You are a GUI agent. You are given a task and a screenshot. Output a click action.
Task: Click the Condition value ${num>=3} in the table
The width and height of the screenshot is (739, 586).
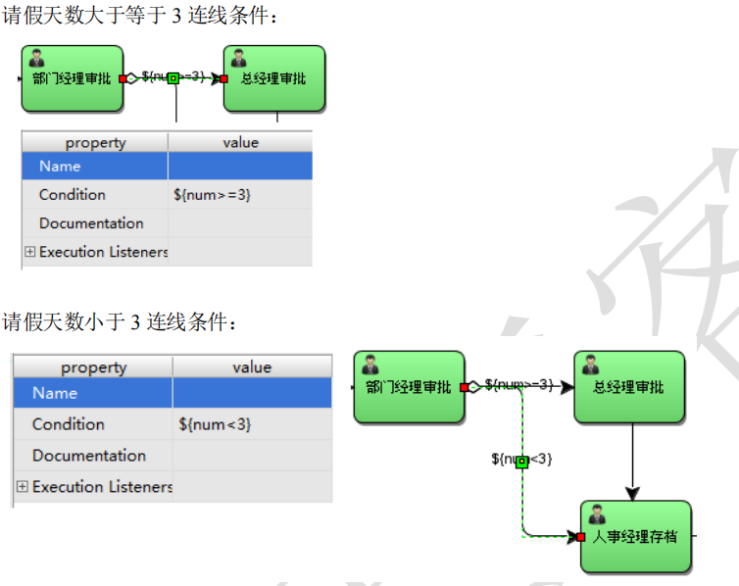pyautogui.click(x=212, y=195)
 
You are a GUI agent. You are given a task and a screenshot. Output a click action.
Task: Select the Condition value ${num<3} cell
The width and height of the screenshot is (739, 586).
pyautogui.click(x=215, y=424)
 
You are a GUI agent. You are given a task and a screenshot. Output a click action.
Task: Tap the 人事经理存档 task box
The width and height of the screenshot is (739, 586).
pyautogui.click(x=635, y=537)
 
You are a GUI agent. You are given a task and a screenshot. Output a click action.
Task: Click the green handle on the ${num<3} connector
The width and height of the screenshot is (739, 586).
pyautogui.click(x=521, y=461)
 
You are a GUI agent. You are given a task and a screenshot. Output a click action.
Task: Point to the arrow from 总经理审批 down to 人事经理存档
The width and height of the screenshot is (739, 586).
pyautogui.click(x=633, y=462)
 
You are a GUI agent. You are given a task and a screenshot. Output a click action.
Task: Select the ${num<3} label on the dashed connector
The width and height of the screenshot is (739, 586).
pyautogui.click(x=521, y=459)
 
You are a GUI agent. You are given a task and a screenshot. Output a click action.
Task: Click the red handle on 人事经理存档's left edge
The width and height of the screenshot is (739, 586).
pyautogui.click(x=581, y=537)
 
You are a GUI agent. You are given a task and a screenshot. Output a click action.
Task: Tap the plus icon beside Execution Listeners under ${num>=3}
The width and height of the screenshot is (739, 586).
pyautogui.click(x=29, y=252)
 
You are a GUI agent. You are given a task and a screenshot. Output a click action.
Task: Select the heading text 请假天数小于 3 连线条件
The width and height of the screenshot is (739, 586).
pyautogui.click(x=118, y=321)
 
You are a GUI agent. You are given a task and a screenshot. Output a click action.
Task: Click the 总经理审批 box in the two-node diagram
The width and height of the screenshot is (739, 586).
pyautogui.click(x=274, y=78)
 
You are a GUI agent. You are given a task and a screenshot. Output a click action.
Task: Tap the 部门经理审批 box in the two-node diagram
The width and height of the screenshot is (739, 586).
pyautogui.click(x=72, y=78)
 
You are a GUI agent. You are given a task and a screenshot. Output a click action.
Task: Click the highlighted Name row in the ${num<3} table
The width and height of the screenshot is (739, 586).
pyautogui.click(x=93, y=393)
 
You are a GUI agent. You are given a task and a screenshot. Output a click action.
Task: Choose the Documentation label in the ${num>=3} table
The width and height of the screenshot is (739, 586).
pyautogui.click(x=91, y=223)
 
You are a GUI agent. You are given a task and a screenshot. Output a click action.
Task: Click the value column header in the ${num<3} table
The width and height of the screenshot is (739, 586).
pyautogui.click(x=252, y=367)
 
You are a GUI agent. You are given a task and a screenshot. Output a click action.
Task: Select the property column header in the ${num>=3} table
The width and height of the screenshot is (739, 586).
pyautogui.click(x=95, y=142)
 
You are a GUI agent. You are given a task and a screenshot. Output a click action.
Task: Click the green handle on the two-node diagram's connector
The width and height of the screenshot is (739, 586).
pyautogui.click(x=172, y=78)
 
